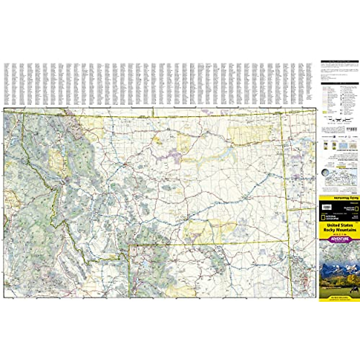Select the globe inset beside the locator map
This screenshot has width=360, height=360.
coord(325,173)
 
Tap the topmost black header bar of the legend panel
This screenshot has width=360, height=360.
coord(340,61)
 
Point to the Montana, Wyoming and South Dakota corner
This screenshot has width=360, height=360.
coord(288,241)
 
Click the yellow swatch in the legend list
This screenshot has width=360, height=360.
coord(324,111)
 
